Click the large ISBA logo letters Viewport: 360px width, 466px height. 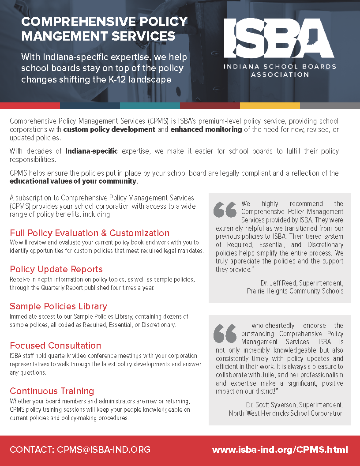[278, 38]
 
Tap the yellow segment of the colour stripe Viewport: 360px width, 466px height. [270, 106]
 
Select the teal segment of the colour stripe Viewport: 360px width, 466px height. [150, 106]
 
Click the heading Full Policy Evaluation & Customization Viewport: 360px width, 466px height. [90, 233]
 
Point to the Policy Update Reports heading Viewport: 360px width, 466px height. [56, 269]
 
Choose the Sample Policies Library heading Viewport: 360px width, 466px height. [58, 306]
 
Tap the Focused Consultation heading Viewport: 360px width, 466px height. [55, 346]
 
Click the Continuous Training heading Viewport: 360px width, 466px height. [52, 391]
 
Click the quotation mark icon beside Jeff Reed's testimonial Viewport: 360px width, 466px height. [225, 210]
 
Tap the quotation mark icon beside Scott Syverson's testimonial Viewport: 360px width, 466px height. [225, 334]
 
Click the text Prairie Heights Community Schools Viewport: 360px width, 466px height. [295, 291]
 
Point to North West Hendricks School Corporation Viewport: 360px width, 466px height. [286, 413]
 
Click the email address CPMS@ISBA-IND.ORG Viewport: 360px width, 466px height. [104, 450]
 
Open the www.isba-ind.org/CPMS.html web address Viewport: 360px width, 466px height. [280, 450]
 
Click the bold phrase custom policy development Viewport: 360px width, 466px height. [109, 130]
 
